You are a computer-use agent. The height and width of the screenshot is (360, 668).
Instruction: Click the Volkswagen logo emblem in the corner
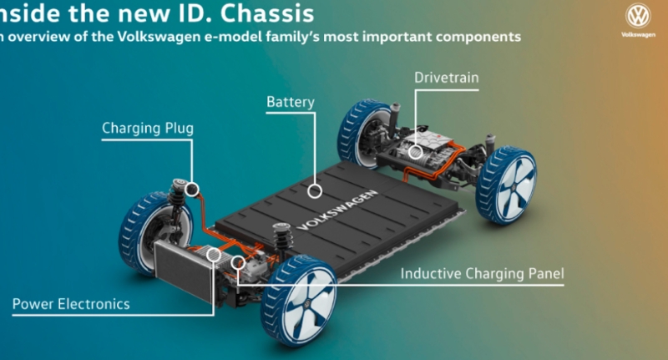[x=639, y=15]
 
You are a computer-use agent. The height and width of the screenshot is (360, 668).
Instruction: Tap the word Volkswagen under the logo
[x=639, y=36]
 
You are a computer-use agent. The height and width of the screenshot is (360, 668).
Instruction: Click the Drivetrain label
[x=446, y=79]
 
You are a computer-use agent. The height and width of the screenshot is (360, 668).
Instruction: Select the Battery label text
[x=290, y=103]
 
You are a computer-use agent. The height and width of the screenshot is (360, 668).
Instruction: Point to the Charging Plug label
[x=148, y=129]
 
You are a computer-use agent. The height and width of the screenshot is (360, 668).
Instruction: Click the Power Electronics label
[x=71, y=304]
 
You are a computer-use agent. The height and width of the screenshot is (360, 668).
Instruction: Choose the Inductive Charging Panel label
[x=482, y=273]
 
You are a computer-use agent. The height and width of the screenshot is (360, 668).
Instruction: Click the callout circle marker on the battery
[x=314, y=191]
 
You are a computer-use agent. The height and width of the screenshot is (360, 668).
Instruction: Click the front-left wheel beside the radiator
[x=141, y=235]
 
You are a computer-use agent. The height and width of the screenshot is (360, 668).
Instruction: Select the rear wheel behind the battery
[x=362, y=134]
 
